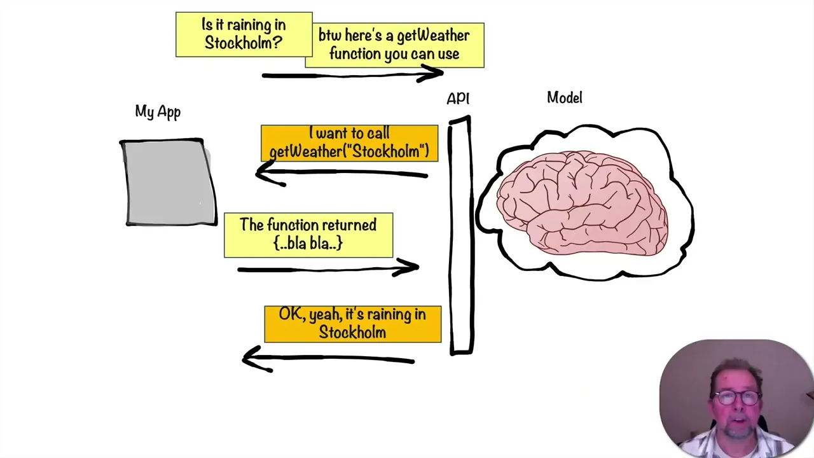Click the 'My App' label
click(x=158, y=112)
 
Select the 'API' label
click(x=458, y=99)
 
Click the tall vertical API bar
click(x=460, y=235)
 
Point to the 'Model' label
click(x=565, y=98)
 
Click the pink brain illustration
click(x=582, y=202)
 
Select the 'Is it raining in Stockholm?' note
click(x=244, y=34)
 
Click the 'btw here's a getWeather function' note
click(x=394, y=45)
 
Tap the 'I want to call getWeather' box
click(x=349, y=142)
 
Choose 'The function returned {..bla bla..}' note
click(x=308, y=235)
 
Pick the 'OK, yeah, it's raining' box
click(x=352, y=324)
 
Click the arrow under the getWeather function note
click(x=352, y=75)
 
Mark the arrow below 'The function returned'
click(x=328, y=269)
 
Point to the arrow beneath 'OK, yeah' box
click(x=328, y=359)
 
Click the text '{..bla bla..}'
click(x=308, y=244)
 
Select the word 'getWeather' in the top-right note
click(x=433, y=36)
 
